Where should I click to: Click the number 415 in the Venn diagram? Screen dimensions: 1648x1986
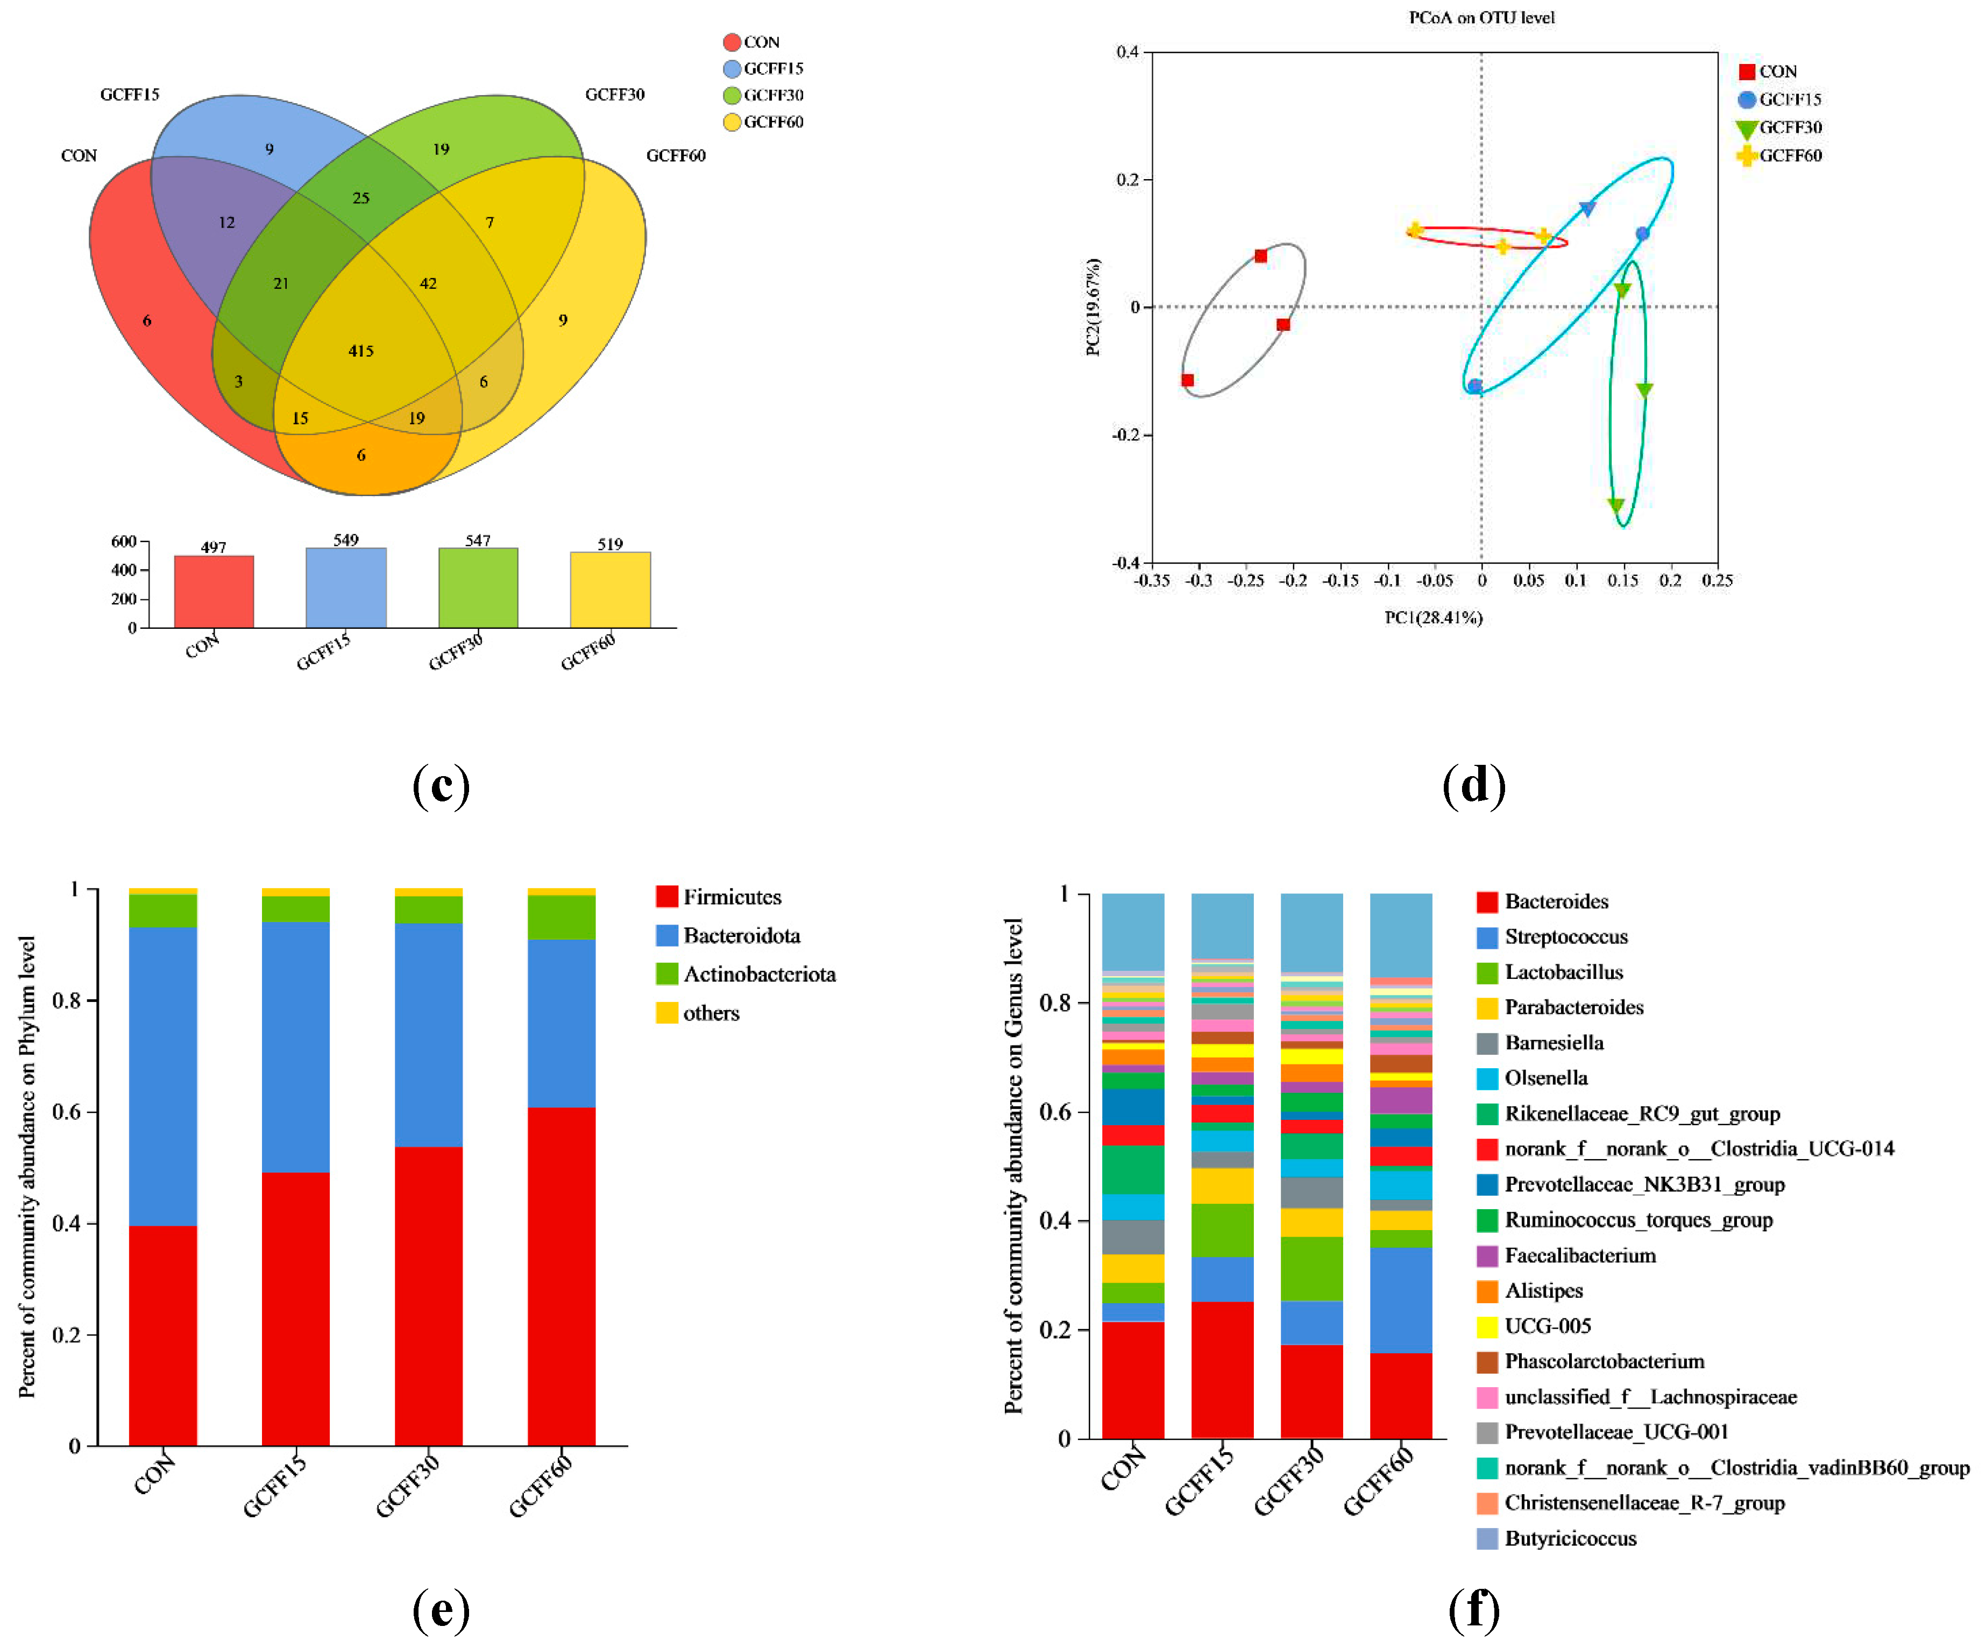pos(360,351)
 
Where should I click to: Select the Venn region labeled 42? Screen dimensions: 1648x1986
pos(428,283)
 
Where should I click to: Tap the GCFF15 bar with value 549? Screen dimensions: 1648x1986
pos(346,587)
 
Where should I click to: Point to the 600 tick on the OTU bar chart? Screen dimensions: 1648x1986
pos(124,541)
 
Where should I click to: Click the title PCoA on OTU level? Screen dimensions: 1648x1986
pos(1481,17)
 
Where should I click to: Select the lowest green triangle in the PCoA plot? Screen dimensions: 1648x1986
pos(1616,506)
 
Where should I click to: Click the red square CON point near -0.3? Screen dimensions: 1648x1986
pos(1188,380)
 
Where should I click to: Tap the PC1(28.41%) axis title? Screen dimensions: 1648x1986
pos(1433,617)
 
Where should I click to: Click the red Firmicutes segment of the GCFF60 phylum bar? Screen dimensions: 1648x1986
pos(562,1276)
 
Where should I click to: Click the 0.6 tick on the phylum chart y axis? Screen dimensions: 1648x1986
pos(66,1112)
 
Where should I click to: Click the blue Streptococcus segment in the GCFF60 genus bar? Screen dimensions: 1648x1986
pos(1401,1300)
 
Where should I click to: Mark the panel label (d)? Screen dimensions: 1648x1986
pos(1474,785)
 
